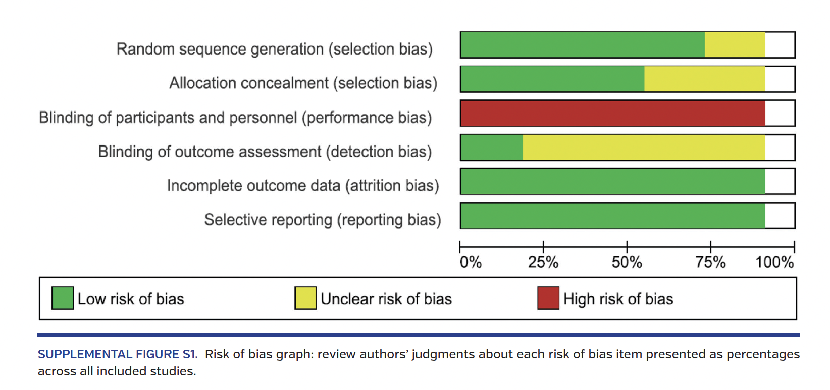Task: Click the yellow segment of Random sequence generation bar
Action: point(735,45)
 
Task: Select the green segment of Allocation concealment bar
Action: point(552,79)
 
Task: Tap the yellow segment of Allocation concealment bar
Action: point(704,79)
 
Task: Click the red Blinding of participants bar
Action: point(612,113)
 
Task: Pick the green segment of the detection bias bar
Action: point(492,148)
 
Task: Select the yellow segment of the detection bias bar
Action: point(644,148)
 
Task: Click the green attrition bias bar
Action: point(612,181)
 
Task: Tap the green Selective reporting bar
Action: point(612,216)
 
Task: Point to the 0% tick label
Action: point(471,262)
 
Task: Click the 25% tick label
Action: point(543,262)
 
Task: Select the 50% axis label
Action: point(627,262)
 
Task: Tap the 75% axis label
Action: point(710,262)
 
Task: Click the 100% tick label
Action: point(774,262)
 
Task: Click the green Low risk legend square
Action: point(63,298)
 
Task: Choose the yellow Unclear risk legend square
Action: point(305,298)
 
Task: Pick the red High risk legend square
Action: point(548,298)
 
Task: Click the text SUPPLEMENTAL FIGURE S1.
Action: point(118,354)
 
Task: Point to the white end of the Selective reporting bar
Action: point(780,216)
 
